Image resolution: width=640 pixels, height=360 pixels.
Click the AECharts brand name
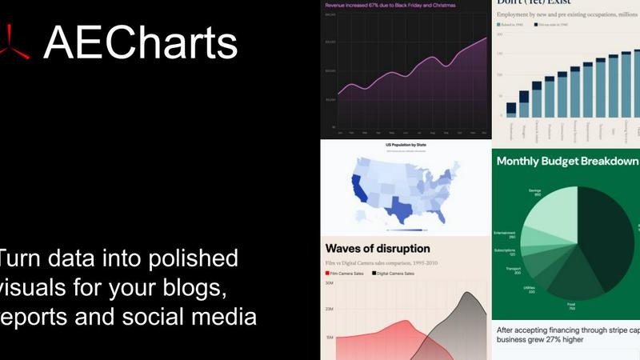141,42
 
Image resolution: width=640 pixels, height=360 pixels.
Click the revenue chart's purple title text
384,5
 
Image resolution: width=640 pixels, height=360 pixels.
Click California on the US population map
358,189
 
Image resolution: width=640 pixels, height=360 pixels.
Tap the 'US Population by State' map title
406,145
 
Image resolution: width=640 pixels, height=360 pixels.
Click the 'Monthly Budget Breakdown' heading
566,162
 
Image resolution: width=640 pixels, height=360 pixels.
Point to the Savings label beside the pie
534,190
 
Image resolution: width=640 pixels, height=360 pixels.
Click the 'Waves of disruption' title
378,249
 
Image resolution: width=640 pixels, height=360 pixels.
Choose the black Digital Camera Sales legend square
374,274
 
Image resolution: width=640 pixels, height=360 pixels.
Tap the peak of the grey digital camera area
466,294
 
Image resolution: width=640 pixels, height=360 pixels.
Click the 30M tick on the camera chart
329,284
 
